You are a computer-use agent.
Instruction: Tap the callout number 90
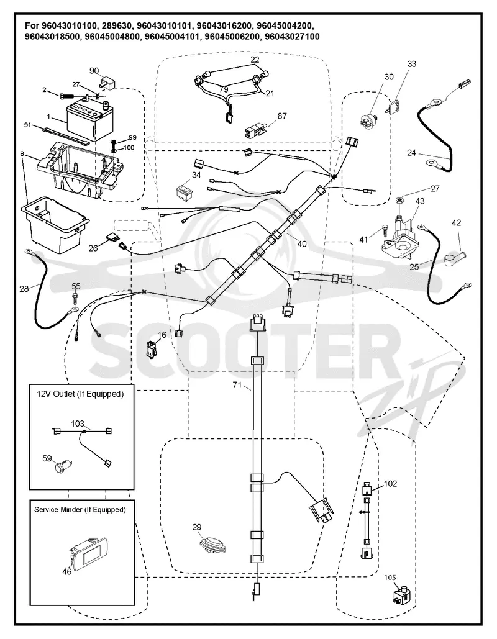tap(94, 71)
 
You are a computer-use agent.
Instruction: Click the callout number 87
tap(282, 116)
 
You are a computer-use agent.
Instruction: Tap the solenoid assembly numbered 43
tap(399, 237)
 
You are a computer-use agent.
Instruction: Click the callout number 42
tap(457, 222)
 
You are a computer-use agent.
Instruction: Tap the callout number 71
tap(237, 385)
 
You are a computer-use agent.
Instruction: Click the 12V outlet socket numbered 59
tap(64, 466)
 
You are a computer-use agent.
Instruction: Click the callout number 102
tap(390, 484)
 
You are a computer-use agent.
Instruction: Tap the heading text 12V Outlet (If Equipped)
tap(80, 394)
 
